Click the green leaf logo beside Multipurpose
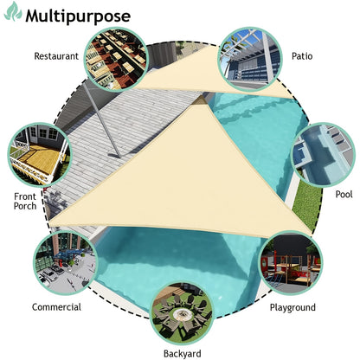(13, 12)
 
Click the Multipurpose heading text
(78, 16)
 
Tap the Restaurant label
(56, 56)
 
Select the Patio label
(302, 56)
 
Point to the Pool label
(344, 194)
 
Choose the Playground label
(292, 308)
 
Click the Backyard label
(183, 354)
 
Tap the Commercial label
(56, 307)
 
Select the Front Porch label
(25, 202)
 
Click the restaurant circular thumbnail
(116, 60)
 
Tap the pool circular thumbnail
(323, 155)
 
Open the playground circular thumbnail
(291, 263)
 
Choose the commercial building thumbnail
(66, 262)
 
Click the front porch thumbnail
(39, 154)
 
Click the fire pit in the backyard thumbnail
(181, 314)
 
